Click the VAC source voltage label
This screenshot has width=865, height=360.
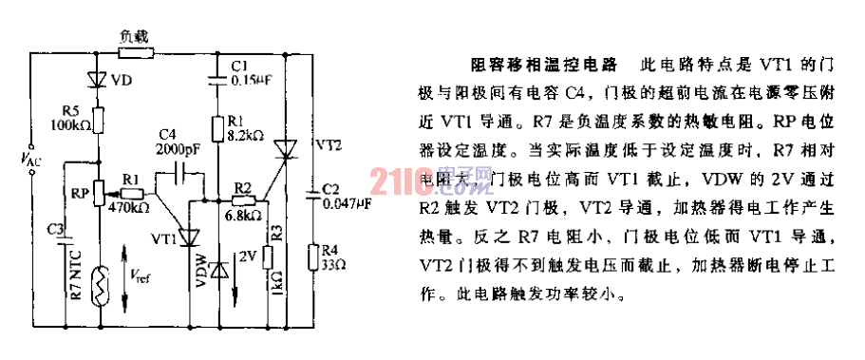[31, 162]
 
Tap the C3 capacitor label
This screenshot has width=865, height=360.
[56, 229]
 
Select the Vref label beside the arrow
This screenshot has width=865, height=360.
[141, 276]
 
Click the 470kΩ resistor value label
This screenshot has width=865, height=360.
[128, 205]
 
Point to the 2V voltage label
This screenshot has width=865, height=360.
[249, 255]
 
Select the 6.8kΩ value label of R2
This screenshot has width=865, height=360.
[243, 215]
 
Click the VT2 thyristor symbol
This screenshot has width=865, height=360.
[286, 146]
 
